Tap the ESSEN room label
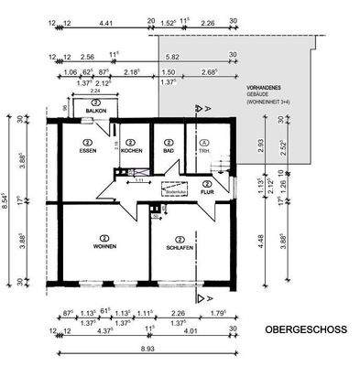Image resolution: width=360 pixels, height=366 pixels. tap(88, 150)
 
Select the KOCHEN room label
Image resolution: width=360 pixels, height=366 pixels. tap(131, 150)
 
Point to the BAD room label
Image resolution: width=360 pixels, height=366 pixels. tap(169, 150)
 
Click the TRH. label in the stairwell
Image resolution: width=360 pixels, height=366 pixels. tap(203, 150)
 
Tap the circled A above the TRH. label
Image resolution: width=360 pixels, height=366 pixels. tap(203, 142)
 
